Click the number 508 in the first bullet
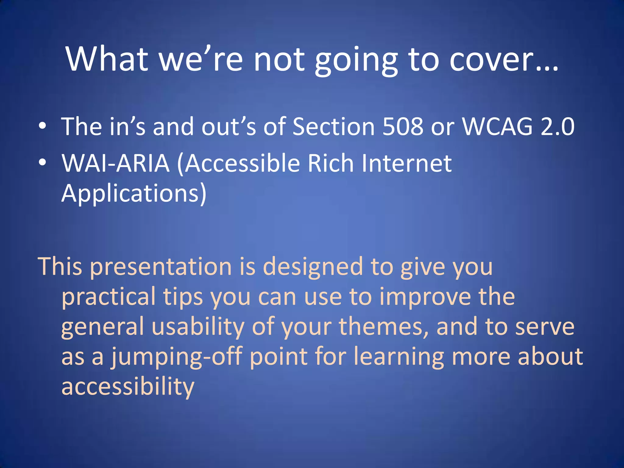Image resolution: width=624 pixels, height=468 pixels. coord(402,126)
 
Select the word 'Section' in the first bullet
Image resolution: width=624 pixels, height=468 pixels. coord(333,126)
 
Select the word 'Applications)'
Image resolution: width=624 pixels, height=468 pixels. coord(134,193)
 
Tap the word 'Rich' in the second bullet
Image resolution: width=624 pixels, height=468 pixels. coord(330,163)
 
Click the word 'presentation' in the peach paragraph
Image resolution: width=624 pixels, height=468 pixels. coord(161,267)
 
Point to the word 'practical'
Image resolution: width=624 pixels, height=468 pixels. coord(108,297)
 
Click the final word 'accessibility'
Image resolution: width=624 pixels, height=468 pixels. coord(128,386)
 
